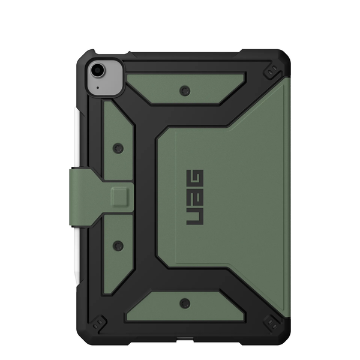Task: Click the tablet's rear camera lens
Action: [97, 70]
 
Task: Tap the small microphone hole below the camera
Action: [98, 88]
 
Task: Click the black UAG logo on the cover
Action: [194, 197]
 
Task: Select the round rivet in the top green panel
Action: [185, 91]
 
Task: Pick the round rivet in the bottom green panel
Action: [185, 304]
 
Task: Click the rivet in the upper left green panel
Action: [118, 148]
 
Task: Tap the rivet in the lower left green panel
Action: [118, 245]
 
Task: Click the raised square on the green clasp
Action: [119, 197]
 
